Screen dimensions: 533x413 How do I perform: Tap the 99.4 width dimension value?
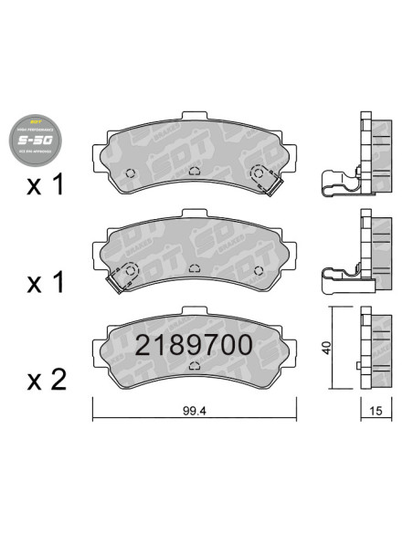pos(191,411)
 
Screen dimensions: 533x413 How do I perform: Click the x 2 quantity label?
pos(47,378)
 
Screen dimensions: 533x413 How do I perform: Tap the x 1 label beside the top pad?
pos(47,186)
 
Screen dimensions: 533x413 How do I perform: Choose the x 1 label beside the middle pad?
pos(47,284)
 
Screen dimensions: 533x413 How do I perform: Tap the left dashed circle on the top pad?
pos(129,172)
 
